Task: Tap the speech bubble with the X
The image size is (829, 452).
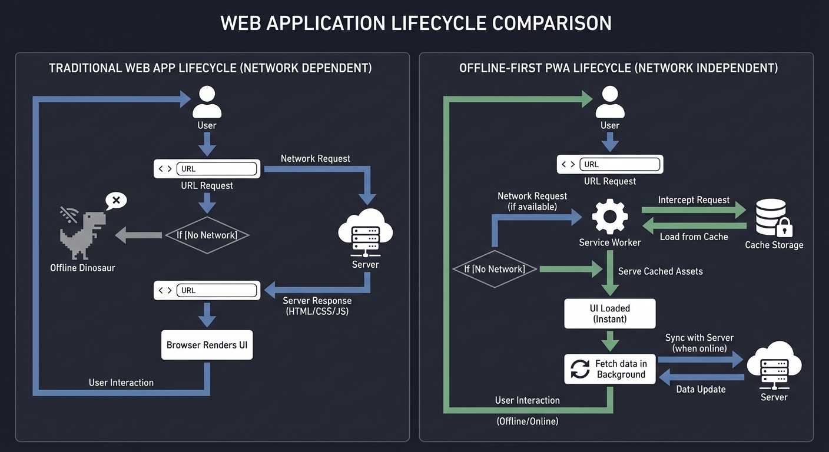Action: pyautogui.click(x=116, y=201)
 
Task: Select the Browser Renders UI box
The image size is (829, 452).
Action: pyautogui.click(x=207, y=345)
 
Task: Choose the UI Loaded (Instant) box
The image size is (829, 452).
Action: pyautogui.click(x=609, y=313)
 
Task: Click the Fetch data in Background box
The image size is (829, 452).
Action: pyautogui.click(x=609, y=369)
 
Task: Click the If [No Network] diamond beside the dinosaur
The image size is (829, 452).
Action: pyautogui.click(x=207, y=235)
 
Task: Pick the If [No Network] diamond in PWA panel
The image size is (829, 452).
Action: pyautogui.click(x=495, y=269)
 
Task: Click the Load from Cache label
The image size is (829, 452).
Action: pyautogui.click(x=694, y=237)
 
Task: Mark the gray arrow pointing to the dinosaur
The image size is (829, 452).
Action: pyautogui.click(x=138, y=235)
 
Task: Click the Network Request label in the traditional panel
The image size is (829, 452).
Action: pyautogui.click(x=315, y=158)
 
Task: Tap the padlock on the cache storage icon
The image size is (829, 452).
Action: pyautogui.click(x=785, y=227)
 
